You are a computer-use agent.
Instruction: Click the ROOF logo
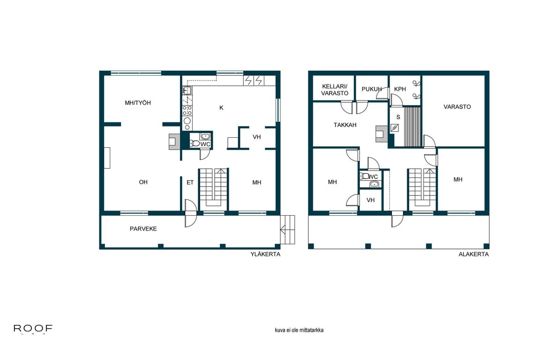[x=33, y=330]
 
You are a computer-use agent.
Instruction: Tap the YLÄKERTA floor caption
[x=266, y=255]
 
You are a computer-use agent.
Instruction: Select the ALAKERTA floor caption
[x=473, y=255]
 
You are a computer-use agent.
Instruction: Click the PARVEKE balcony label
[x=143, y=229]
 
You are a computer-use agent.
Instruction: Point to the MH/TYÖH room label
[x=138, y=103]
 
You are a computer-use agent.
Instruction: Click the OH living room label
[x=143, y=182]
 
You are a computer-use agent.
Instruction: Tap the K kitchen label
[x=221, y=108]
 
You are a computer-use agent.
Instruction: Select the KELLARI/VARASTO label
[x=335, y=90]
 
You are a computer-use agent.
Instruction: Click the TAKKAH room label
[x=345, y=125]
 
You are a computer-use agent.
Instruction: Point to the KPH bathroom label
[x=400, y=89]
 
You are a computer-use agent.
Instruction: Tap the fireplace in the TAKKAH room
[x=380, y=134]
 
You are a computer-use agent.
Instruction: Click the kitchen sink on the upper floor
[x=187, y=90]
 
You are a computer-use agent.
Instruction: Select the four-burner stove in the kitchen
[x=187, y=111]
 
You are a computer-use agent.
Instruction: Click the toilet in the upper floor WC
[x=195, y=143]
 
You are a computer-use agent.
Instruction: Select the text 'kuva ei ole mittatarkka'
[x=299, y=330]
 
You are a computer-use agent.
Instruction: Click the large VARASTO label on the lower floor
[x=457, y=107]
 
